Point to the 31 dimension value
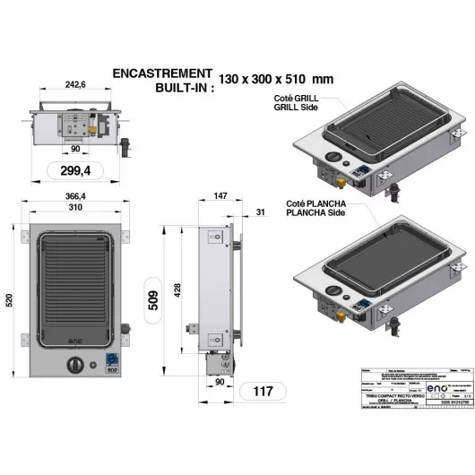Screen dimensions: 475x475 [260, 212]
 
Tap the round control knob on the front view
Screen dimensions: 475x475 [76, 365]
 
